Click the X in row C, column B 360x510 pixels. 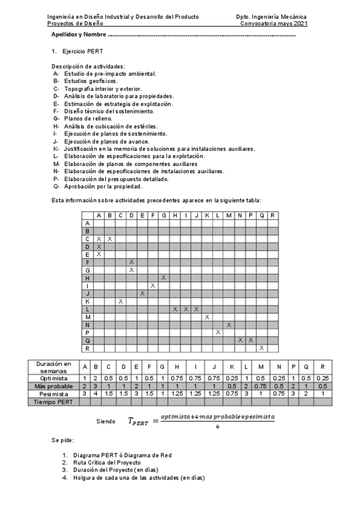[110, 239]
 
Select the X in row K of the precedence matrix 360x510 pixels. [121, 301]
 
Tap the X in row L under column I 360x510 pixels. [186, 309]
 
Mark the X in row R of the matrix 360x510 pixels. [261, 348]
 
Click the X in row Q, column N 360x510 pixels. [240, 340]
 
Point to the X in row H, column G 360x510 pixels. [164, 278]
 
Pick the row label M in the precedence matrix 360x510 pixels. [88, 316]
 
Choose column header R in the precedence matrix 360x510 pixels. [272, 215]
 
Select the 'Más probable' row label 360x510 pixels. [54, 386]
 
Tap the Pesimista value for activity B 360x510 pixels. [95, 393]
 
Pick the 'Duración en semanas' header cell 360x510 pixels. [54, 367]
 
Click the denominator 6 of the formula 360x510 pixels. [218, 426]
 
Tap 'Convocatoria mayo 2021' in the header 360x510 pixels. [273, 23]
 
